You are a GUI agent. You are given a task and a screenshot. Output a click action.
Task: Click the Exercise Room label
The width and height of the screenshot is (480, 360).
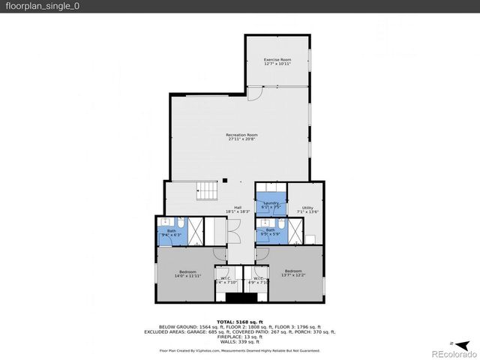coord(277,61)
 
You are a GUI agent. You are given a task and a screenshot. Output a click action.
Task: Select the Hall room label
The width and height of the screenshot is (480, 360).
coord(237,210)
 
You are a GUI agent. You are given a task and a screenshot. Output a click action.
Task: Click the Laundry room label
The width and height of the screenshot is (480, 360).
coord(271,205)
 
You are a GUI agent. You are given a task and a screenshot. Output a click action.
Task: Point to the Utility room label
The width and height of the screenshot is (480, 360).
coord(307,210)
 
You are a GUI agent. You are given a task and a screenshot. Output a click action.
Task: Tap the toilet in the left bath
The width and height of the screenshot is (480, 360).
coord(181,223)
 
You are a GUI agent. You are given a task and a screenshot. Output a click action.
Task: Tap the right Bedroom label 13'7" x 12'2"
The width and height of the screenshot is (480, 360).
coord(292,273)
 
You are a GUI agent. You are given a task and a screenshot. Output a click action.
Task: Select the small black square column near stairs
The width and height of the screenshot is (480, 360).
coord(223,181)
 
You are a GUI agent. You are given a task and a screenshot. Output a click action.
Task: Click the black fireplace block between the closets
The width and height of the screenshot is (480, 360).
coord(241,298)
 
